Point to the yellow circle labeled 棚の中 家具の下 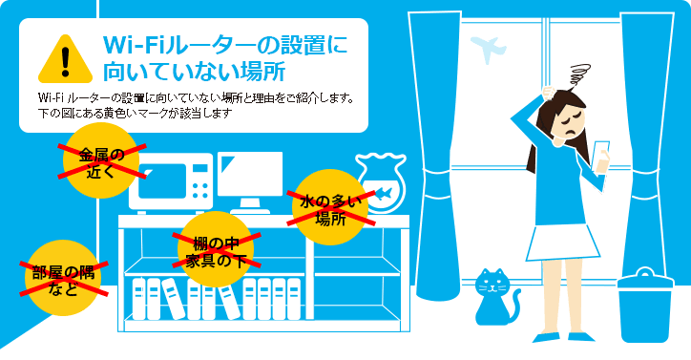(x=215, y=250)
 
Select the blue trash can (x=649, y=309)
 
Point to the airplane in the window (x=489, y=49)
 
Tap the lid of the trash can (x=649, y=279)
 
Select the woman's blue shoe (x=549, y=337)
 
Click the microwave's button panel (x=201, y=180)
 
